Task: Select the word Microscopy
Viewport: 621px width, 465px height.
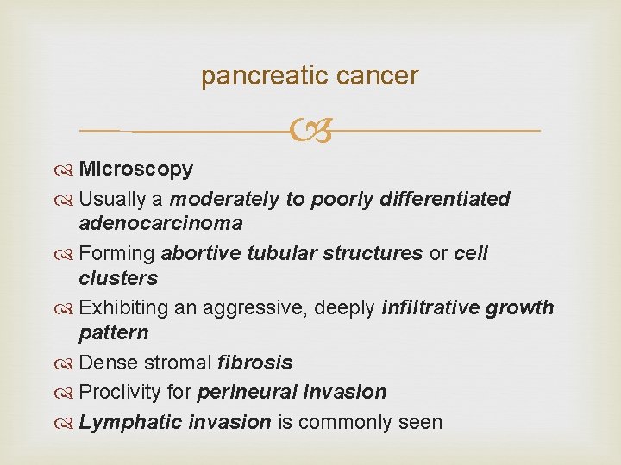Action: pos(135,169)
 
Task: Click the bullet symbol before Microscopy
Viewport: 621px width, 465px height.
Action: pos(66,170)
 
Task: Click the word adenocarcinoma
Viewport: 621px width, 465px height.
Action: pos(160,223)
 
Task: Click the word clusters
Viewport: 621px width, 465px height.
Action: pos(118,278)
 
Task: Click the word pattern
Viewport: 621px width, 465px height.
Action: pos(113,332)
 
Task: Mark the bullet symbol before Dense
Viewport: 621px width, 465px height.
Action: pos(66,363)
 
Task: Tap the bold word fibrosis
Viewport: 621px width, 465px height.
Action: pos(254,363)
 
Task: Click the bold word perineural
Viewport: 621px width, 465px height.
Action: pos(248,392)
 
